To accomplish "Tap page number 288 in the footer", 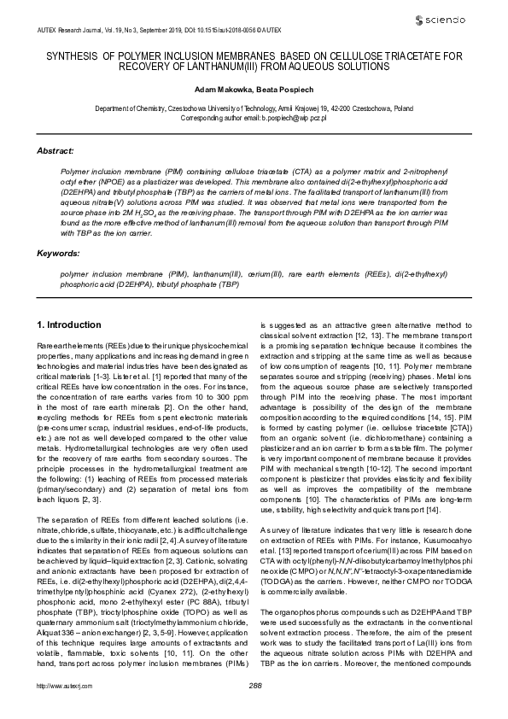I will tap(254, 709).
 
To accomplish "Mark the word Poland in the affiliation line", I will tap(403, 110).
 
